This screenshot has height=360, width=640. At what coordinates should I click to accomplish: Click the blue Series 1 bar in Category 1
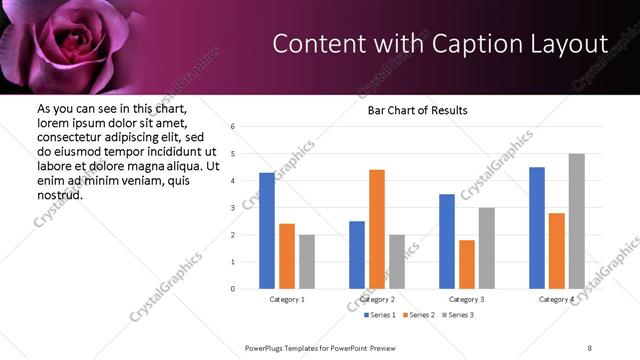[267, 231]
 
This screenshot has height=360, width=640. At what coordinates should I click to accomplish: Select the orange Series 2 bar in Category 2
[377, 229]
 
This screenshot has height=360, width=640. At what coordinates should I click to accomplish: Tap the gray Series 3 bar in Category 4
[576, 221]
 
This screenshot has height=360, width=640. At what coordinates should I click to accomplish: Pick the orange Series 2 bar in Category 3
[467, 264]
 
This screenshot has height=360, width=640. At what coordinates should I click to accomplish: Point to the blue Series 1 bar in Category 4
[537, 228]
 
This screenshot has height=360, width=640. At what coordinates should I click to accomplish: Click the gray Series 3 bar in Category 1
[306, 262]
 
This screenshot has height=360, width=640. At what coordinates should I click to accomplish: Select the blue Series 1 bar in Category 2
[357, 255]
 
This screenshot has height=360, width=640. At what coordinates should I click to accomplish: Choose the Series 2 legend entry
[421, 315]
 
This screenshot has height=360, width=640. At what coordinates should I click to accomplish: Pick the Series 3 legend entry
[460, 315]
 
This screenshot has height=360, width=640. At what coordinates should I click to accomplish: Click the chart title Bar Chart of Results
[411, 110]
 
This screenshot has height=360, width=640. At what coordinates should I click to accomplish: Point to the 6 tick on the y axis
[232, 127]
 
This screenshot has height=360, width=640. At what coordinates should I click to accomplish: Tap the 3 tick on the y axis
[232, 208]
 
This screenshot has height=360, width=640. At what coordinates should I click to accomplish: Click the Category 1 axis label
[287, 299]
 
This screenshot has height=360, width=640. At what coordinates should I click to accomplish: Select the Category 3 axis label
[467, 299]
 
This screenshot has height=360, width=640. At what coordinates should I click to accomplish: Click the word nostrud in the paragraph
[59, 194]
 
